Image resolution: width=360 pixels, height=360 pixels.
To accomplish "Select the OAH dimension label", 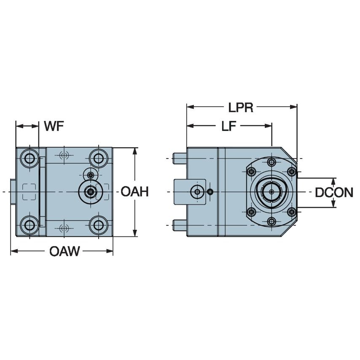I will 134,192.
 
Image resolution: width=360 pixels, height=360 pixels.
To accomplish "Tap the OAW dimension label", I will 64,252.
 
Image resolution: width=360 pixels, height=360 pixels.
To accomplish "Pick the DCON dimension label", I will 334,193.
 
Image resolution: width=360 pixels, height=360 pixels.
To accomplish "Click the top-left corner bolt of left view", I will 30,159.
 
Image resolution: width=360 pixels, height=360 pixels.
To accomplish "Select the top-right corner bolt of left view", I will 99,159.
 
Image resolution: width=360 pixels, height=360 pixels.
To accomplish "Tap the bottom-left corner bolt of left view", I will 30,225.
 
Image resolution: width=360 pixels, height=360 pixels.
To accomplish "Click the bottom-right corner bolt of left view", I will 99,225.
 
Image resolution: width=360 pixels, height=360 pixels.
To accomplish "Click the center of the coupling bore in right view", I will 271,192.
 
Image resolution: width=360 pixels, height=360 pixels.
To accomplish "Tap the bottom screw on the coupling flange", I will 271,221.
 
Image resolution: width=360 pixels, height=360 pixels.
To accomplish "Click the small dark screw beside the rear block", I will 210,192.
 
